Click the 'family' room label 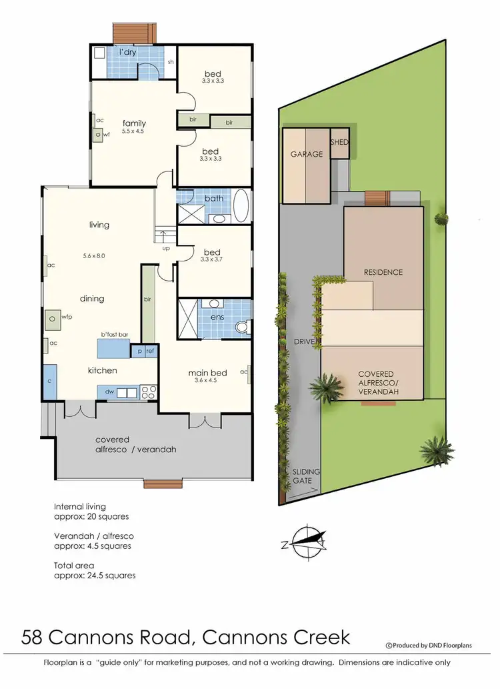[134, 123]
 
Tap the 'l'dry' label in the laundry [128, 52]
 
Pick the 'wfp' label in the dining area [67, 317]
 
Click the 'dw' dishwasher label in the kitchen [109, 392]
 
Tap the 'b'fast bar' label [114, 335]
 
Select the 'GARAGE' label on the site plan [306, 154]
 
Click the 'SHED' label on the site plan [340, 143]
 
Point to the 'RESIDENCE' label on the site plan [383, 272]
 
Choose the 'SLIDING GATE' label [307, 476]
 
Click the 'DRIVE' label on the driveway [303, 341]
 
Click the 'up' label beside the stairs [165, 248]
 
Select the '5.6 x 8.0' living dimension [95, 255]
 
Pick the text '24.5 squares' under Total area [106, 575]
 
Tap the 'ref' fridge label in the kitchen [150, 351]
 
